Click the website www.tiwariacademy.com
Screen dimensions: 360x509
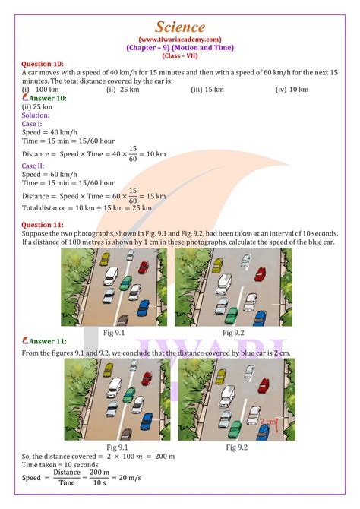(x=180, y=40)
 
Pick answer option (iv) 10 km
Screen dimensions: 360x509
(x=292, y=90)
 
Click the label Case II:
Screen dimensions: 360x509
(x=33, y=165)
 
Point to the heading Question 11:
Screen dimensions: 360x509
(x=43, y=225)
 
